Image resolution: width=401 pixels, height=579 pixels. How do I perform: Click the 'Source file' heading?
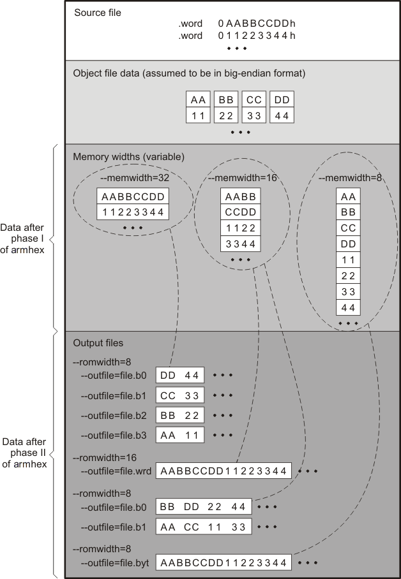[x=98, y=13]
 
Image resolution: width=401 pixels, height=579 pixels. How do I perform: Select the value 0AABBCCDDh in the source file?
[x=257, y=24]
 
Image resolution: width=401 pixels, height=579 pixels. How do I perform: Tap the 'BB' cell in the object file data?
[x=226, y=100]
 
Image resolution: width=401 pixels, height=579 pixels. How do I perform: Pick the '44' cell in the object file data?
[x=282, y=115]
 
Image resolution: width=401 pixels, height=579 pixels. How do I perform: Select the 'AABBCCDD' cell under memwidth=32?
[x=133, y=196]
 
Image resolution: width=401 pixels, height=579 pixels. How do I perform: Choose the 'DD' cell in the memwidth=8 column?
[x=348, y=244]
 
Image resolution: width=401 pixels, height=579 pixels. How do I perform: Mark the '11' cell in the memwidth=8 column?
[x=348, y=260]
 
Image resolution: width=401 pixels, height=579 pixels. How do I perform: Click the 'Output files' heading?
[x=98, y=343]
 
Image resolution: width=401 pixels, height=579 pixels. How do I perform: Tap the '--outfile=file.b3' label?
[x=114, y=436]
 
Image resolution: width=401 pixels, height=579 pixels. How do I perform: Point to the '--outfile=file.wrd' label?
[x=116, y=471]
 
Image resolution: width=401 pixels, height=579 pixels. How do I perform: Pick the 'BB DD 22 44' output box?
[x=204, y=507]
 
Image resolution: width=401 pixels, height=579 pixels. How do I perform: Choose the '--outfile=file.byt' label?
[x=115, y=562]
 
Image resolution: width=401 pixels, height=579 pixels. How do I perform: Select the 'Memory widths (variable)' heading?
[x=128, y=156]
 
